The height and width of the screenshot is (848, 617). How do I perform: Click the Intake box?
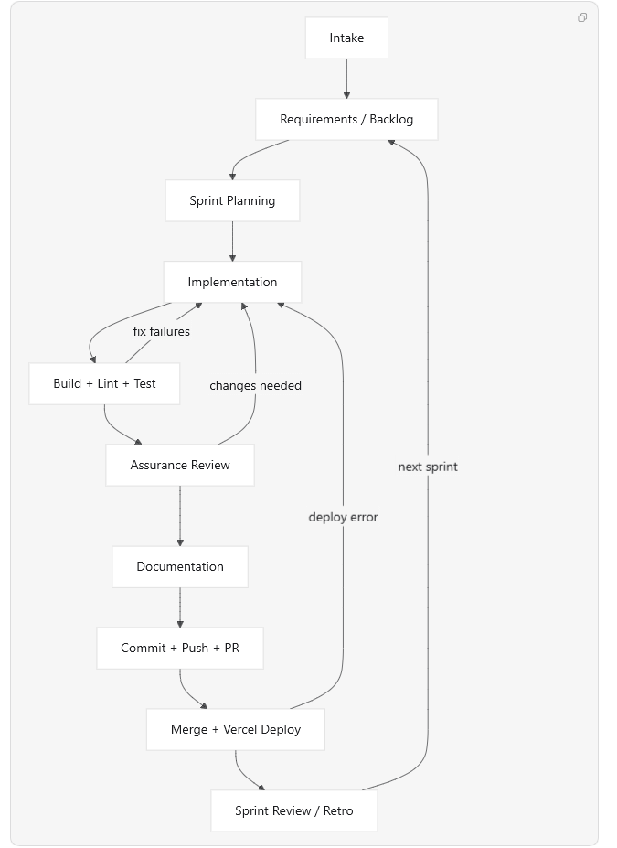tap(346, 38)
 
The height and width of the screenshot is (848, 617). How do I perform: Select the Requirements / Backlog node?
tap(346, 119)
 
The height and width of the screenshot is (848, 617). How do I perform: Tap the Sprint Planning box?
tap(232, 200)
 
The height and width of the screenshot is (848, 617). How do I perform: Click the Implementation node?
tap(232, 282)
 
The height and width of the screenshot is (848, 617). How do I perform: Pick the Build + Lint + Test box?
tap(104, 383)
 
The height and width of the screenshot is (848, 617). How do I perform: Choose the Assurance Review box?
tap(180, 465)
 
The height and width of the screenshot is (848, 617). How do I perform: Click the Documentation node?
tap(180, 567)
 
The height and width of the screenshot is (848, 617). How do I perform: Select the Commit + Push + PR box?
tap(180, 648)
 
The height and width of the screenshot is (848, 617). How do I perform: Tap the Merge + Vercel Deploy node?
tap(236, 730)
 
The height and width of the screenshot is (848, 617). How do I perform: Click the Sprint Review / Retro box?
tap(294, 810)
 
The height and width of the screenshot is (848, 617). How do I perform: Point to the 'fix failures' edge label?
tap(162, 331)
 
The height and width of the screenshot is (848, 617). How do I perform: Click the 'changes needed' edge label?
tap(256, 386)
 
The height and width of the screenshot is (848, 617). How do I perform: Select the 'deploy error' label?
tap(343, 517)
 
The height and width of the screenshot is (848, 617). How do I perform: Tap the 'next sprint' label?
tap(428, 467)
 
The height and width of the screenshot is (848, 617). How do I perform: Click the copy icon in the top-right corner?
tap(582, 17)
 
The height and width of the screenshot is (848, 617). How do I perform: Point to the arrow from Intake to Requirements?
tap(346, 79)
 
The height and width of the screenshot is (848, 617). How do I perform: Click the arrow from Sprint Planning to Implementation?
tap(232, 242)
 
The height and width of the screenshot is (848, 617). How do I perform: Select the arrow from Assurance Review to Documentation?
tap(180, 516)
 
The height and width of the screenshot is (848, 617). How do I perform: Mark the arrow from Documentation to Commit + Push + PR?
tap(180, 607)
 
